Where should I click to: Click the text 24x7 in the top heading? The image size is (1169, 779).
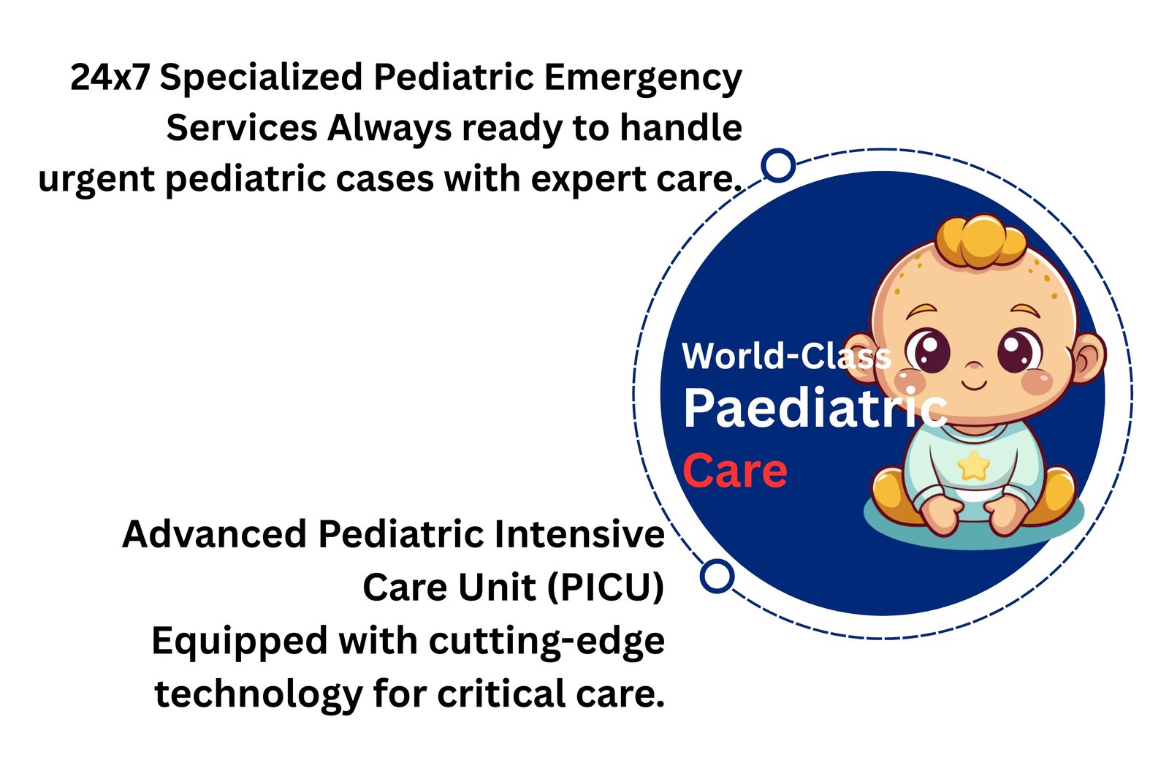[x=110, y=77]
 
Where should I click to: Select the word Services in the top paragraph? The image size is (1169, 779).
[x=241, y=129]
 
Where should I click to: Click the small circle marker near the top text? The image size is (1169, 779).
[x=778, y=166]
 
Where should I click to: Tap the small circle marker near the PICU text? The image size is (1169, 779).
[x=717, y=576]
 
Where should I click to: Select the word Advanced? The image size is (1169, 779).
[x=215, y=534]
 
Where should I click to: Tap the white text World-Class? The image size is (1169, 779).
[x=786, y=357]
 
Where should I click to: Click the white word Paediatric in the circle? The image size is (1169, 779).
[x=815, y=408]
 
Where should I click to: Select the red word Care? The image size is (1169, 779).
[x=735, y=471]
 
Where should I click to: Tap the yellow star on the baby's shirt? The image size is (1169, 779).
[x=972, y=466]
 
